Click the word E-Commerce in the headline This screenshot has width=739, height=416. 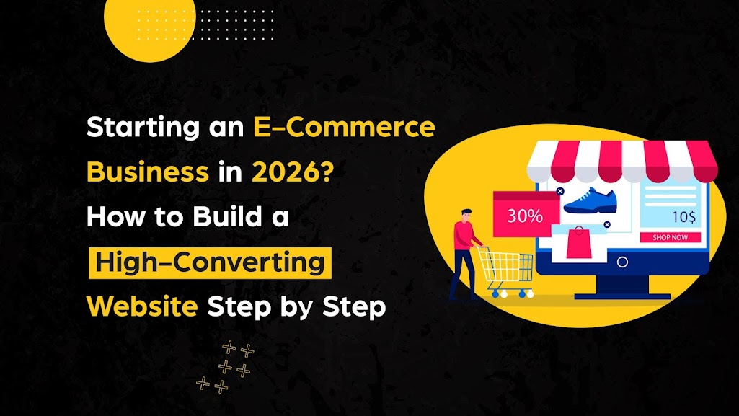coord(344,128)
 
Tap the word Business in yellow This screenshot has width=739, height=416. coord(147,173)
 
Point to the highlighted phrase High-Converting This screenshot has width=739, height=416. coord(210,262)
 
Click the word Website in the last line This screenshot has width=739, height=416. coord(142,306)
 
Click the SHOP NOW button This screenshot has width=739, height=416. coord(670,237)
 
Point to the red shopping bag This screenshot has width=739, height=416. coord(578,244)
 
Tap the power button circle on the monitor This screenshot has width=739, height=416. coord(621,262)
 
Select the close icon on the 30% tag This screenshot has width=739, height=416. coord(559,192)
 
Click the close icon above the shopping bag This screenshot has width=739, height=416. coord(607,225)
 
